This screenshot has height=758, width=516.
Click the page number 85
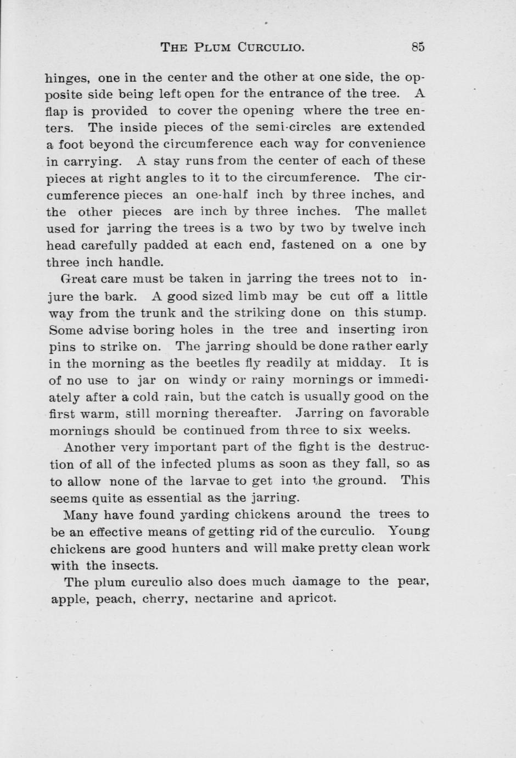tap(417, 47)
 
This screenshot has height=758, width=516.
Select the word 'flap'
tap(57, 112)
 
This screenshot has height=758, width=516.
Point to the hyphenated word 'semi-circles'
tap(293, 127)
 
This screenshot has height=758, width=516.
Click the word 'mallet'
tap(407, 211)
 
